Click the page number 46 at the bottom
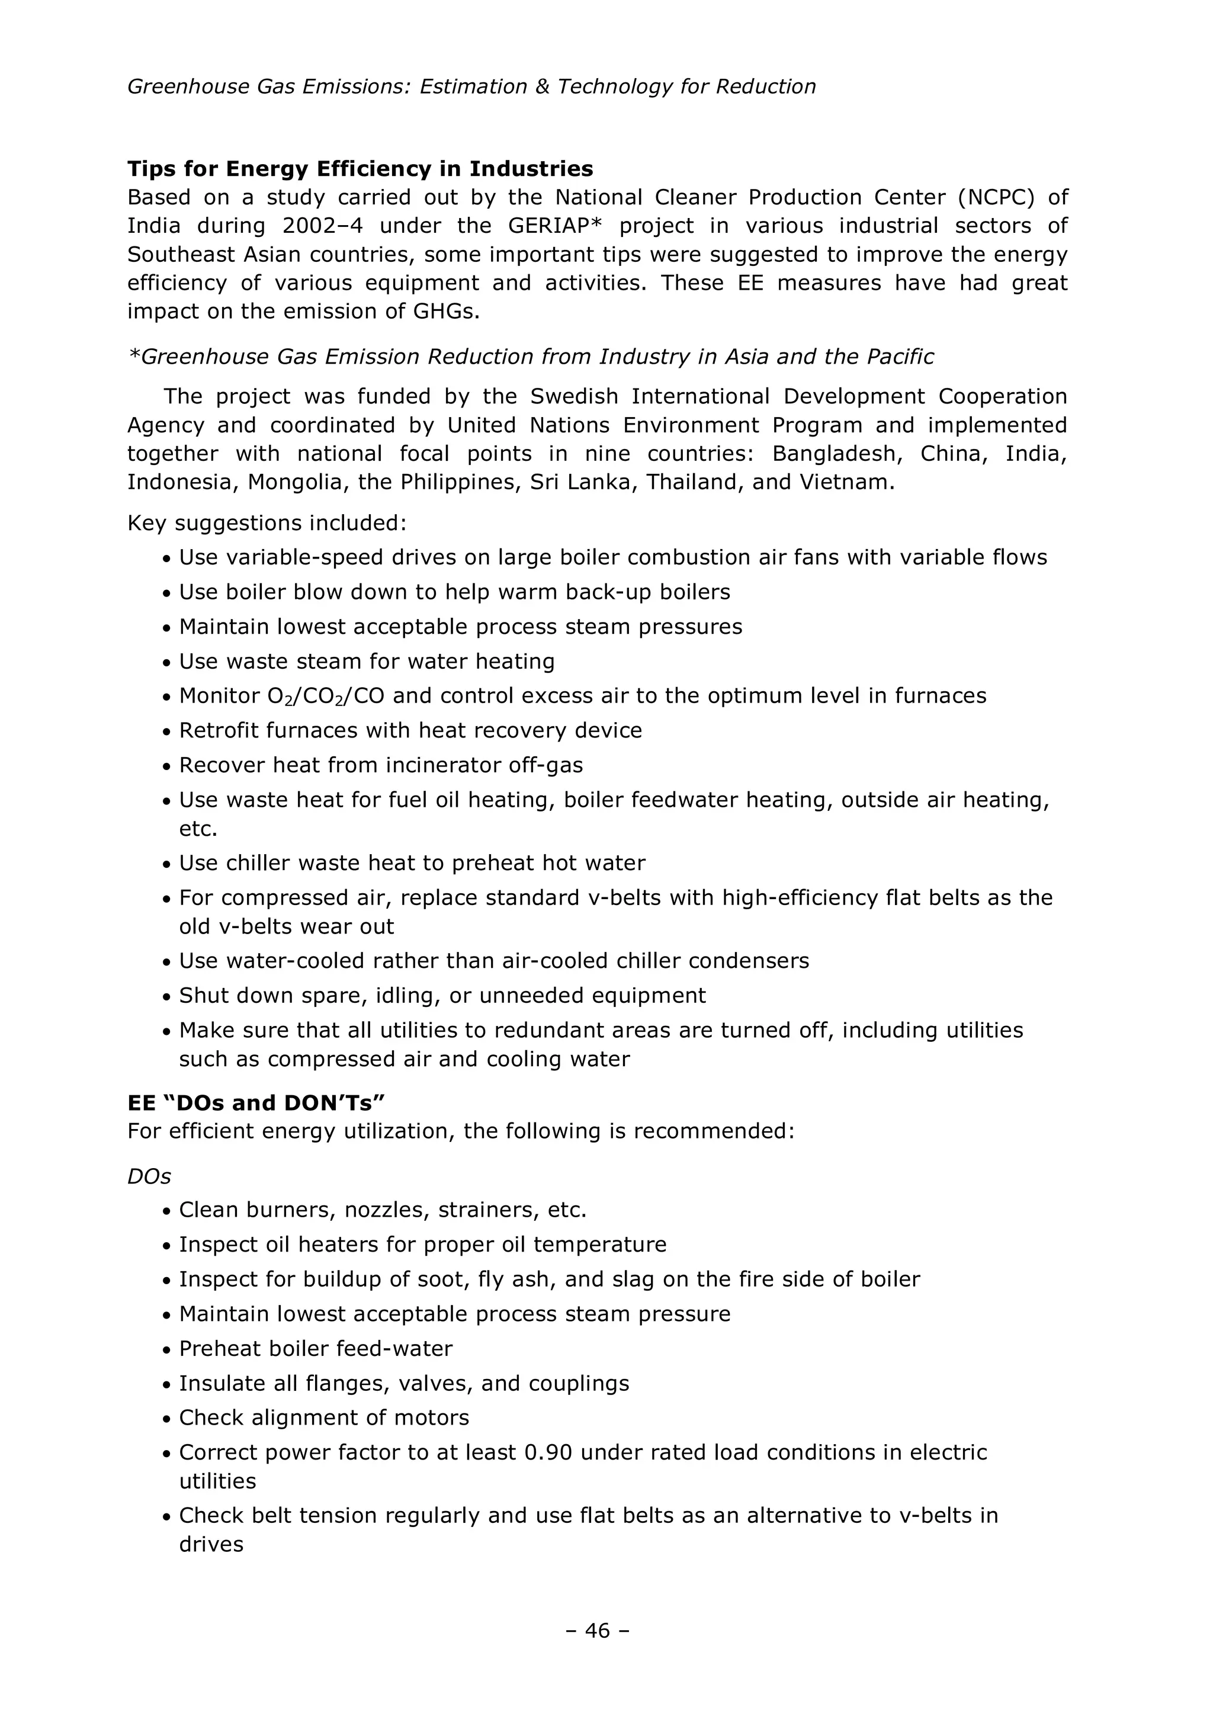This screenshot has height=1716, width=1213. click(598, 1630)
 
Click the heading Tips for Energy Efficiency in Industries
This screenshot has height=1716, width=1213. click(360, 169)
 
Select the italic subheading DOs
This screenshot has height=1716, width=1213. click(149, 1176)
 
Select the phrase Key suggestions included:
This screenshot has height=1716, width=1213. click(267, 522)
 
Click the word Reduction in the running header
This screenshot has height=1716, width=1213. click(765, 86)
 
